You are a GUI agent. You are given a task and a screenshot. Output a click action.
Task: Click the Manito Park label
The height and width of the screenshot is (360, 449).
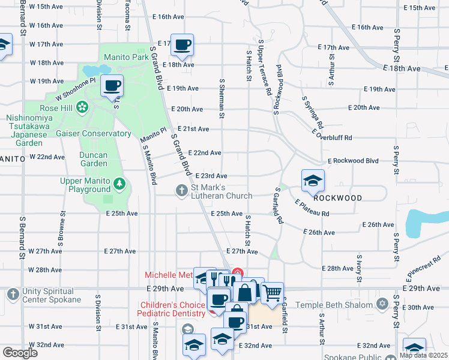(125, 58)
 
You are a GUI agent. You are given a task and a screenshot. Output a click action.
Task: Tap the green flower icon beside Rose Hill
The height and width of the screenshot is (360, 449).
(82, 107)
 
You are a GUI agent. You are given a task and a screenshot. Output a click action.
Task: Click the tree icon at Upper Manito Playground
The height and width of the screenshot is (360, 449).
(120, 181)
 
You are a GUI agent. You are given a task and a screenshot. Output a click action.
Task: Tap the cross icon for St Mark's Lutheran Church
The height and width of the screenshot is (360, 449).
(181, 191)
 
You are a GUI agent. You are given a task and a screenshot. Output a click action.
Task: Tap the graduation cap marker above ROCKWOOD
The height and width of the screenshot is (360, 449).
(313, 180)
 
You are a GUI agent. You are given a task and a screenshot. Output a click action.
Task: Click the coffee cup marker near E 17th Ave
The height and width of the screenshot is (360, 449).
(182, 44)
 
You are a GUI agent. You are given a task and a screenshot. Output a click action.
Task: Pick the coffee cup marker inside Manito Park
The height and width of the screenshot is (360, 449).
(112, 85)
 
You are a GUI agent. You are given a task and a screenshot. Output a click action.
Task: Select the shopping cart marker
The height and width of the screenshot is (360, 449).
(272, 293)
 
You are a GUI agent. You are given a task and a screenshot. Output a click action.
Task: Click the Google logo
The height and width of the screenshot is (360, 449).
(20, 353)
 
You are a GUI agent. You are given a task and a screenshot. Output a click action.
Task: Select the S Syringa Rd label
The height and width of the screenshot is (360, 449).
(312, 113)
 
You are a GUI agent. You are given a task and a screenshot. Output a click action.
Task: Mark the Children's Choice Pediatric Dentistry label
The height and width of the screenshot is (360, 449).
(171, 309)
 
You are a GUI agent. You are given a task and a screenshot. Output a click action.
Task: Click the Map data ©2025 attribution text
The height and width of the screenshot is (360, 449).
(423, 355)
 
